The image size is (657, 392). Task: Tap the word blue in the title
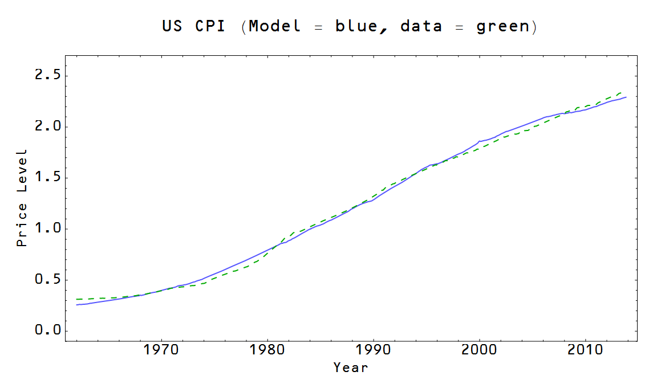(358, 26)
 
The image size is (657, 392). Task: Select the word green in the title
(502, 27)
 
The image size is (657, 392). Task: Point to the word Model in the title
(275, 26)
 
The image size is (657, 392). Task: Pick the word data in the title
(421, 26)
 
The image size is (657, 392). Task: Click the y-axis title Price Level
(22, 198)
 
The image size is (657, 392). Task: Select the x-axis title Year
(351, 367)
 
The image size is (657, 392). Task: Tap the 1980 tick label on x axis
(267, 349)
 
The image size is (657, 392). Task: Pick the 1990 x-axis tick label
(374, 349)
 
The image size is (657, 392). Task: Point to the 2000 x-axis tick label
(480, 349)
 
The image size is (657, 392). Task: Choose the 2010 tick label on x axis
(586, 349)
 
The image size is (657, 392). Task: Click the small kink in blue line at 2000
(479, 141)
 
